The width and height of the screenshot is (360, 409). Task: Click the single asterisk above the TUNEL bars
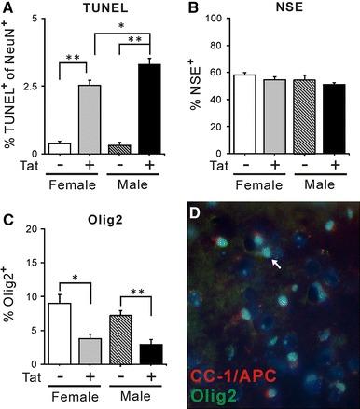point(114,17)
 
